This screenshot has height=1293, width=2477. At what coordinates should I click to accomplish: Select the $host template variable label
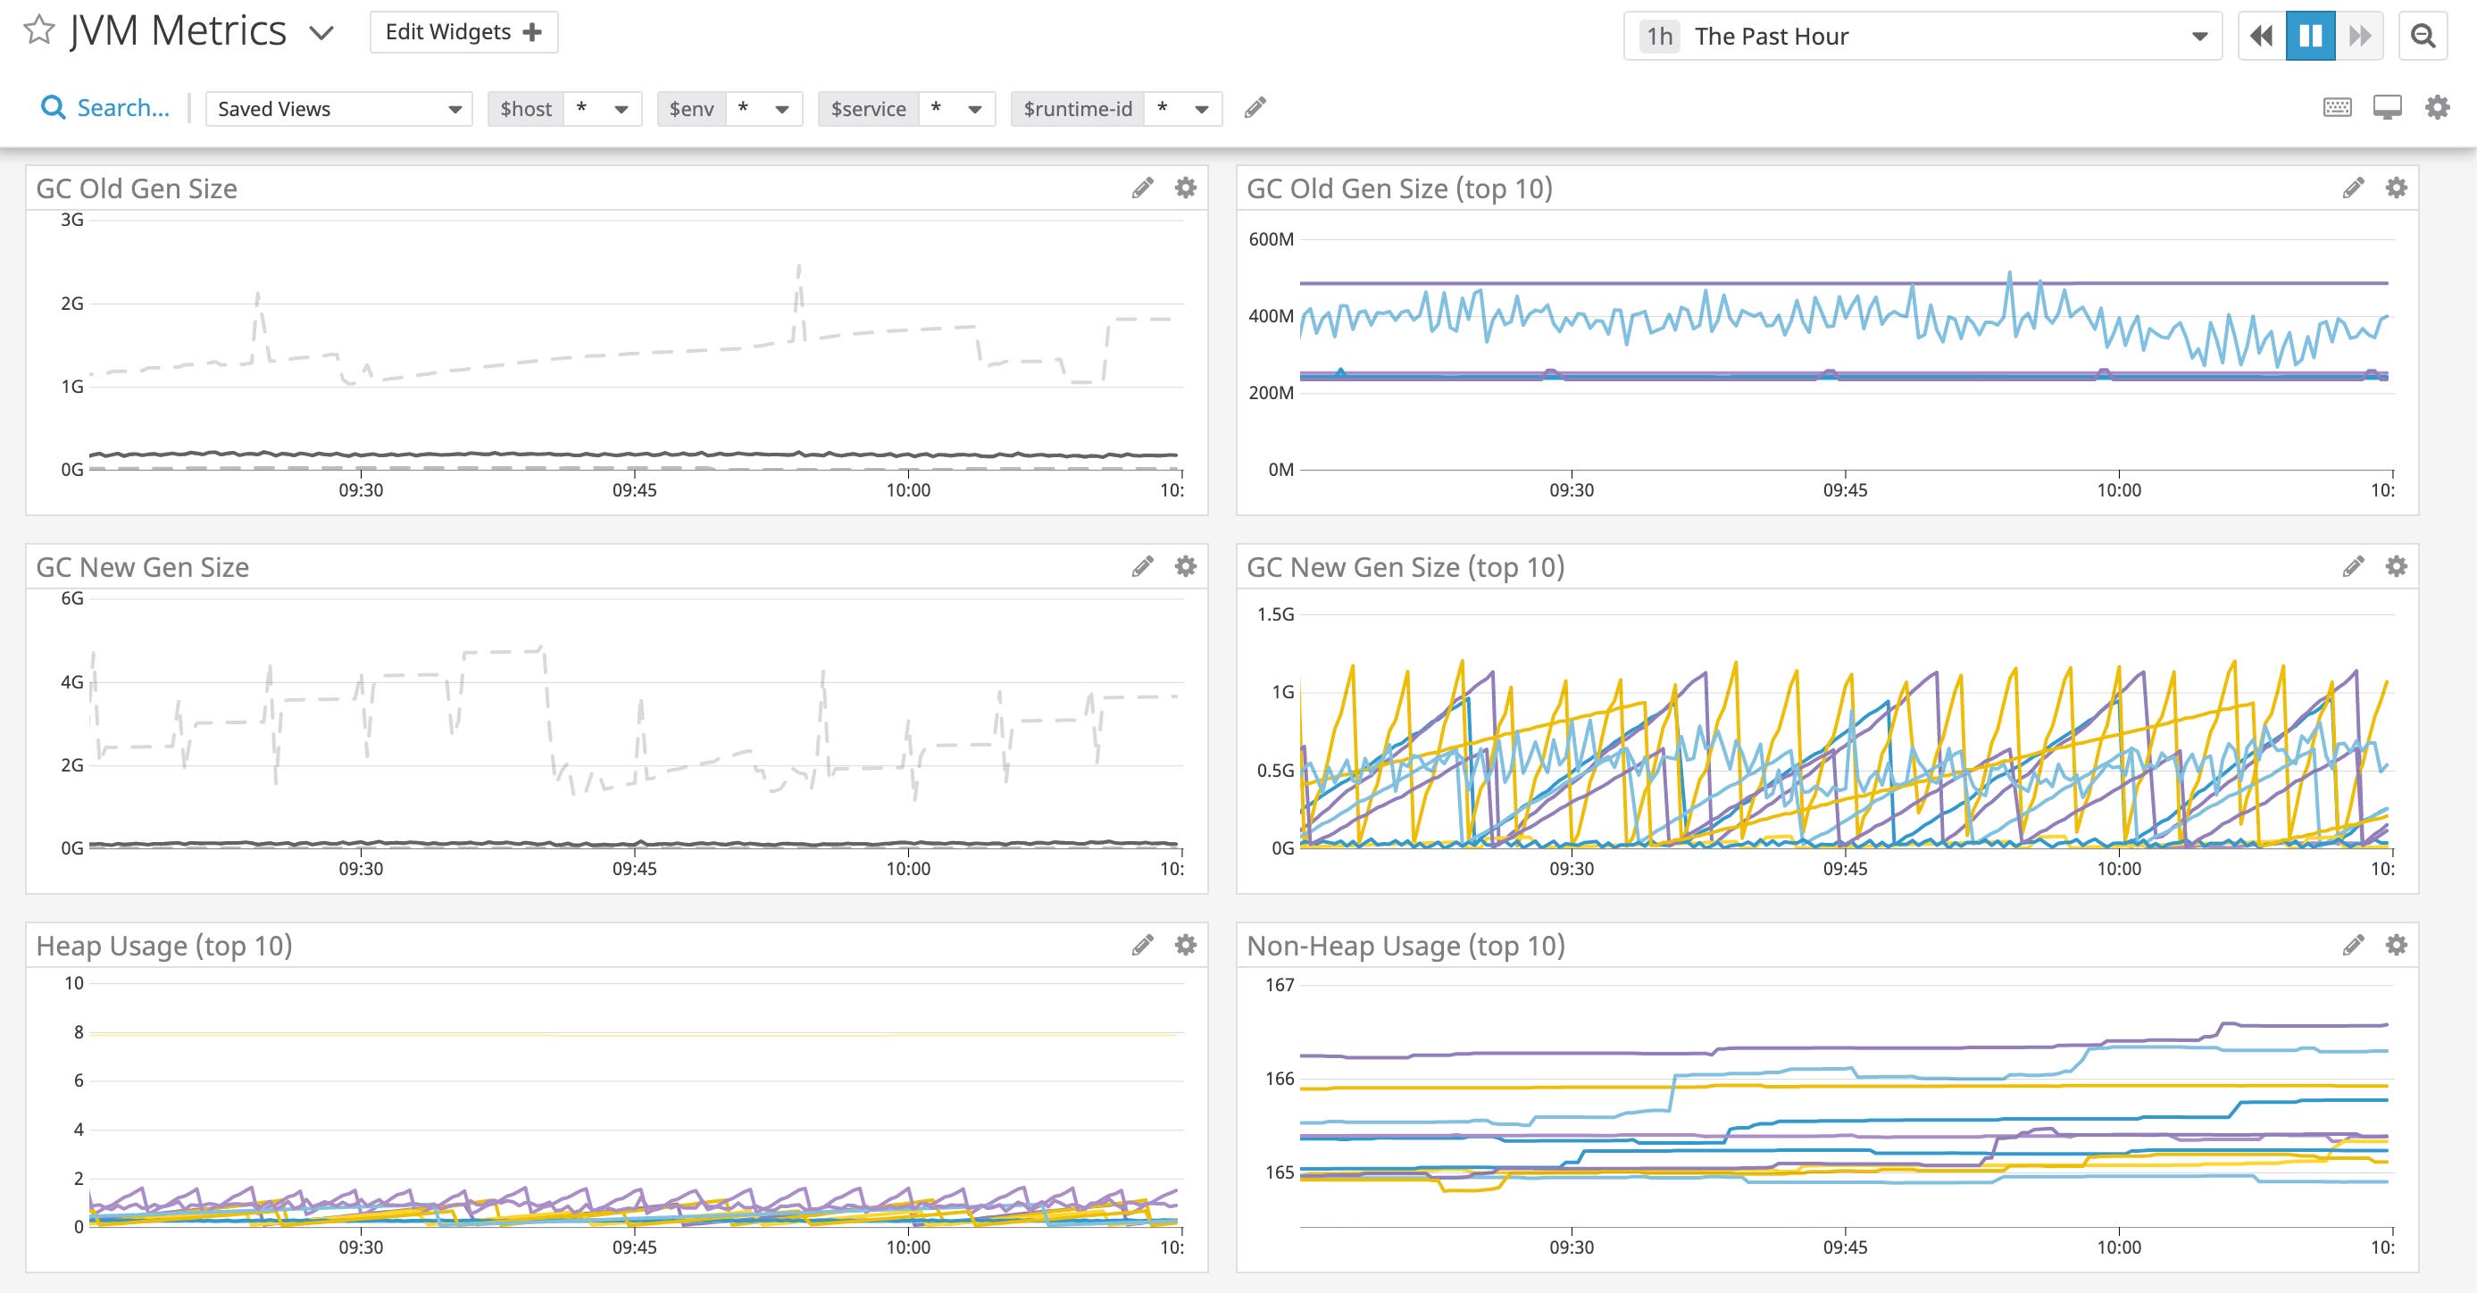(526, 109)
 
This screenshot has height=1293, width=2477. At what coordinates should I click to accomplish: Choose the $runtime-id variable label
(1077, 109)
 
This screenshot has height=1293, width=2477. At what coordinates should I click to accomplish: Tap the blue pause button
(2310, 37)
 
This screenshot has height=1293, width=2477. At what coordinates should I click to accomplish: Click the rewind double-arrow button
(2262, 37)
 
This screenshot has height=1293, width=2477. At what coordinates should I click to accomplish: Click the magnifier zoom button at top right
(2423, 37)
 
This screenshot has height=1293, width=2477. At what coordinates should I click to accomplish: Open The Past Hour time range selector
(1922, 37)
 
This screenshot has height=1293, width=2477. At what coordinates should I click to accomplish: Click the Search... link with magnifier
(105, 108)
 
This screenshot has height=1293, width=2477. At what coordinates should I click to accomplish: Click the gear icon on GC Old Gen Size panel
(1186, 188)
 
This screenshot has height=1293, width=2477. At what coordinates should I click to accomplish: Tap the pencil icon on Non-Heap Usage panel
(2352, 945)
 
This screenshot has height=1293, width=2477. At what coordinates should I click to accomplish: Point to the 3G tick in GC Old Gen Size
(72, 221)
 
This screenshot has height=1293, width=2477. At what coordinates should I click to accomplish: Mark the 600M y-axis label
(1271, 239)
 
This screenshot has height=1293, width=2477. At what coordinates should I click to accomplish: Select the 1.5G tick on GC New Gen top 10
(1275, 614)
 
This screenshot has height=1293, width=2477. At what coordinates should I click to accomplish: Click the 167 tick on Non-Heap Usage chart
(1279, 984)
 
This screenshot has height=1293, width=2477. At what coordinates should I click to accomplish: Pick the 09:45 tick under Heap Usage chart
(635, 1247)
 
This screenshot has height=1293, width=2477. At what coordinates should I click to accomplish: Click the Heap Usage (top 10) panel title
(164, 946)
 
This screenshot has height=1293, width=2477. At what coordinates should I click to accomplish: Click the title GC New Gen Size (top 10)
(1405, 567)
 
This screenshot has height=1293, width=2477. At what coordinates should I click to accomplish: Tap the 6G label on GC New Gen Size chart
(72, 599)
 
